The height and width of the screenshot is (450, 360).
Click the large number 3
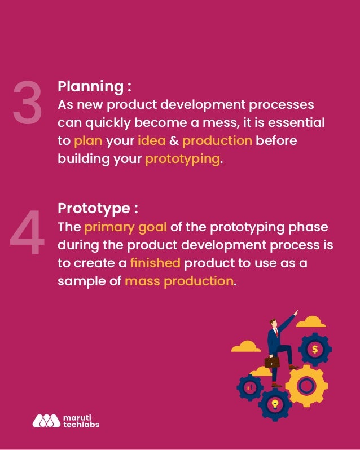(x=27, y=103)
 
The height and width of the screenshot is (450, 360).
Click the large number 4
(x=27, y=233)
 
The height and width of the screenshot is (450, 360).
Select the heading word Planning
(x=90, y=87)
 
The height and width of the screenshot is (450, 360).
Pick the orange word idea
(x=151, y=140)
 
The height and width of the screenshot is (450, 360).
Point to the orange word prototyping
(x=182, y=158)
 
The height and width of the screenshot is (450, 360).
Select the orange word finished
(x=155, y=263)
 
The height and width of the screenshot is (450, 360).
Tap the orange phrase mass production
(x=179, y=281)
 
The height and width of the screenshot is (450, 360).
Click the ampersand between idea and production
(x=174, y=140)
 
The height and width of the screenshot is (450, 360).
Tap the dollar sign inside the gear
(x=314, y=350)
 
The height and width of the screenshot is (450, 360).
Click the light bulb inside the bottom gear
(x=275, y=403)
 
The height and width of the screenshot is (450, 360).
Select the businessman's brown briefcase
(x=272, y=361)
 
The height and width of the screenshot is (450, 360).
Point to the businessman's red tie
(x=276, y=333)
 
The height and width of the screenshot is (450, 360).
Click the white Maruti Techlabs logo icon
(x=46, y=421)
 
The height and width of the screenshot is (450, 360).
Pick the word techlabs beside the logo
(x=81, y=425)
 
